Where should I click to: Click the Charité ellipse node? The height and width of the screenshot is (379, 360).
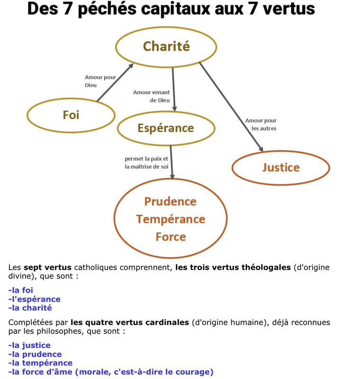[166, 46]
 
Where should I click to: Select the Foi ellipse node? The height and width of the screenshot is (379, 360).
[71, 115]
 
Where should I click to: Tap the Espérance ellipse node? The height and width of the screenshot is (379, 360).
[166, 128]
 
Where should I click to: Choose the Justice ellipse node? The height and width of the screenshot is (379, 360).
[281, 167]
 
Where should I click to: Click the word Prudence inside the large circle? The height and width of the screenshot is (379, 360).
[170, 201]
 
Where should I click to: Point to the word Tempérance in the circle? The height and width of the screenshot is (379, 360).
[171, 219]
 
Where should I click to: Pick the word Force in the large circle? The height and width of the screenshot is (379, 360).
[171, 236]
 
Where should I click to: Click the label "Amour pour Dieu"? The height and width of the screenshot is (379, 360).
[100, 81]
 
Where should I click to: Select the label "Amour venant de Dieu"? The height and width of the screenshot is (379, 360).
[152, 96]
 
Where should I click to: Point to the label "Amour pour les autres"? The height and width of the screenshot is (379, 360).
[261, 125]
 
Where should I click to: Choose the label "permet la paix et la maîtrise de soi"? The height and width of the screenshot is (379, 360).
[146, 162]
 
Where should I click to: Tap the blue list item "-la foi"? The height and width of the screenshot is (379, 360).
[21, 290]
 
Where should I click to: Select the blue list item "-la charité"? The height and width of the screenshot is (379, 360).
[30, 308]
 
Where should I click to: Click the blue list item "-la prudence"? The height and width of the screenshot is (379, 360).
[35, 354]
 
